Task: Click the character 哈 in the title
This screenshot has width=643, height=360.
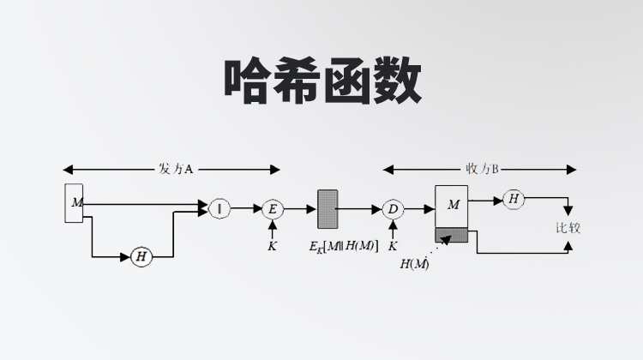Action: click(x=248, y=83)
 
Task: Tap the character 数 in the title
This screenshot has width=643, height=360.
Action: click(x=395, y=83)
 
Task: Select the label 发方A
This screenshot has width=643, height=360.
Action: click(x=175, y=169)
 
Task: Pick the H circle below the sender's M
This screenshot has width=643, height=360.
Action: click(x=141, y=256)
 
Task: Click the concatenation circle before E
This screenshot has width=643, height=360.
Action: click(x=219, y=208)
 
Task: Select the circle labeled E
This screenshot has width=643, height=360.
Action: click(x=273, y=209)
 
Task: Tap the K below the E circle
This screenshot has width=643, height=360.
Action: click(x=273, y=246)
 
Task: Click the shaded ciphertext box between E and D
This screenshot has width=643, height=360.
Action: click(x=328, y=208)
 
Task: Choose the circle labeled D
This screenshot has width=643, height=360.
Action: click(x=393, y=209)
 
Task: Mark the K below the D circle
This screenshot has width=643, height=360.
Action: click(x=393, y=246)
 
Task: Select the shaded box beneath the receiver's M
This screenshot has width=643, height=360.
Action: click(x=453, y=235)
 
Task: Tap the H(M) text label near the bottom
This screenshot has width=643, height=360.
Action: click(x=416, y=264)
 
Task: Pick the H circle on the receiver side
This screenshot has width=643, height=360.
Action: click(x=514, y=199)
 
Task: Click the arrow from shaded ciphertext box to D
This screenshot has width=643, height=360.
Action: click(x=360, y=209)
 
